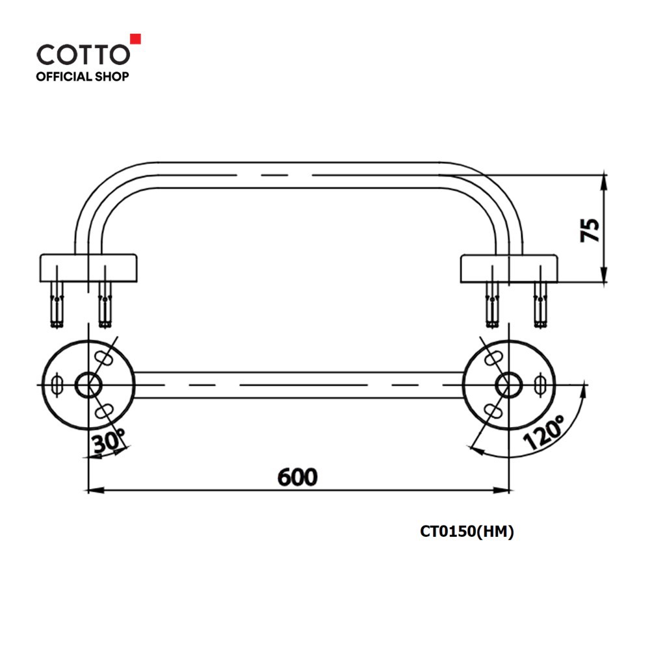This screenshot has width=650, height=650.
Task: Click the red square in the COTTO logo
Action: (136, 38)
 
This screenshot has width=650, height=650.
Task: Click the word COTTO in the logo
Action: (83, 55)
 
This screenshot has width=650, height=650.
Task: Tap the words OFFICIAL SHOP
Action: (83, 77)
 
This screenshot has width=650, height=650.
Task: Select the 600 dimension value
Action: (297, 477)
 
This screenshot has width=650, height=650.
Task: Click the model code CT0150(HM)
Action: (467, 532)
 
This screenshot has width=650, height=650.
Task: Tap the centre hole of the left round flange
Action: (88, 385)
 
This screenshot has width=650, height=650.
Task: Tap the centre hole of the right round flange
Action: (509, 385)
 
